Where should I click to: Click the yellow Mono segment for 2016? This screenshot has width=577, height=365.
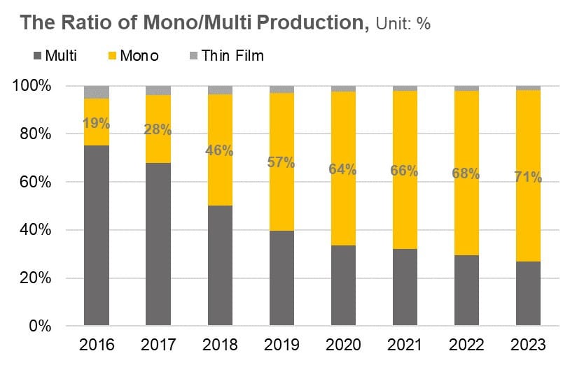tap(97, 122)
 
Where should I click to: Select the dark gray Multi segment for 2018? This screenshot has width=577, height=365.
tap(220, 266)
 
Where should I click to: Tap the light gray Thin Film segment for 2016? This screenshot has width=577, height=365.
tap(97, 92)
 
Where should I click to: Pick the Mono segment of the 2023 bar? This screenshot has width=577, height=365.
tap(528, 176)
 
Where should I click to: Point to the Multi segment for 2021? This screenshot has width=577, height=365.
tap(405, 287)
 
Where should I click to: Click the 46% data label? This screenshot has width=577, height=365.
tap(219, 150)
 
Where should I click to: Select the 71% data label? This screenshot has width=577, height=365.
tap(528, 177)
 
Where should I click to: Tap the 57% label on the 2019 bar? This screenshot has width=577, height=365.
tap(281, 162)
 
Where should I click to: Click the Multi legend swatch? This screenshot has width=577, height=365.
tap(37, 56)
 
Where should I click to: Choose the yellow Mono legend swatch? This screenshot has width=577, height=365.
tap(112, 56)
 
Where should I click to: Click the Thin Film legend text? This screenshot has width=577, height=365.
tap(232, 56)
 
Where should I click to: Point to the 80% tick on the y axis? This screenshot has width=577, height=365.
tap(36, 134)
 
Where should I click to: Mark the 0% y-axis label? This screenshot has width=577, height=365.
tap(40, 326)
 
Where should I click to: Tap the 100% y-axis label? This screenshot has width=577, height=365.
tap(32, 85)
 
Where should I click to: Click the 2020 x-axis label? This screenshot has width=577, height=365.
tap(343, 345)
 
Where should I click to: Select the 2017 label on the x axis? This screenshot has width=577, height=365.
tap(158, 345)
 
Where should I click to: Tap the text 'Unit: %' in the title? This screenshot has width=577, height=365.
tap(403, 24)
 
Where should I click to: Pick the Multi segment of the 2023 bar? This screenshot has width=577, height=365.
tap(528, 293)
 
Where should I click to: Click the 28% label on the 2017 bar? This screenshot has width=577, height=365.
tap(158, 129)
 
